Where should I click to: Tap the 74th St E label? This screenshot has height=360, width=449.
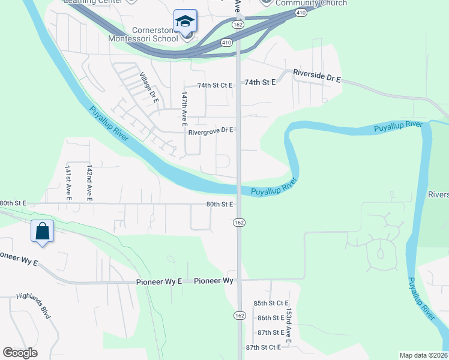(260, 82)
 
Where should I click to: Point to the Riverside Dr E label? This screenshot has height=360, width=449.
(317, 76)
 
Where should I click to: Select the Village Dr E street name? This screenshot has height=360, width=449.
(148, 88)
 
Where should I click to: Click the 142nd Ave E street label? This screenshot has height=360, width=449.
(89, 182)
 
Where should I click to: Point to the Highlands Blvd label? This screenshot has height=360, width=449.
(32, 305)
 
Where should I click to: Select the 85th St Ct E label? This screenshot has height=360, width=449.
(271, 303)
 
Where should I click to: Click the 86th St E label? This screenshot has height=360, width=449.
(270, 317)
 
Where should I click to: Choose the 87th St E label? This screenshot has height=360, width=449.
(270, 332)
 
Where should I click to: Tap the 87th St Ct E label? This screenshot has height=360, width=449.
(264, 347)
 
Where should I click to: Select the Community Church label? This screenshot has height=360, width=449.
(311, 4)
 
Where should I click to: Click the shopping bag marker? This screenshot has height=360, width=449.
(43, 230)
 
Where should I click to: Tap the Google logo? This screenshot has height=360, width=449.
(20, 353)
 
